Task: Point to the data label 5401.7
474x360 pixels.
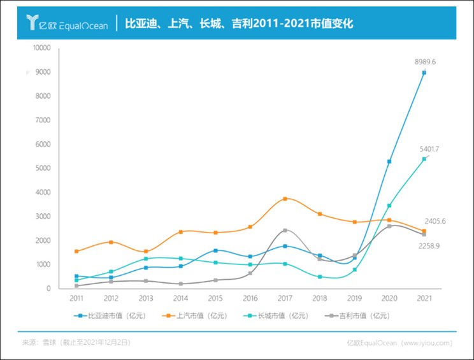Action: pos(428,148)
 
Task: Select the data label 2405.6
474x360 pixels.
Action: pos(434,221)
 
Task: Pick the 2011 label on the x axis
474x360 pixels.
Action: pos(76,298)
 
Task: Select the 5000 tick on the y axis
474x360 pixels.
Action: pos(44,168)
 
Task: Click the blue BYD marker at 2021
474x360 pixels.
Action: pos(424,73)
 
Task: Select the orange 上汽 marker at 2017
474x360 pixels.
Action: pos(285,199)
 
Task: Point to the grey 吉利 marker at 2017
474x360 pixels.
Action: pos(285,230)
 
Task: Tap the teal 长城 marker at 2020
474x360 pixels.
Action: pos(389,206)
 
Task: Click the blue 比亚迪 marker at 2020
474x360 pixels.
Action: pos(389,162)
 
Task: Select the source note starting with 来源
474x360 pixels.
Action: pos(76,343)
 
